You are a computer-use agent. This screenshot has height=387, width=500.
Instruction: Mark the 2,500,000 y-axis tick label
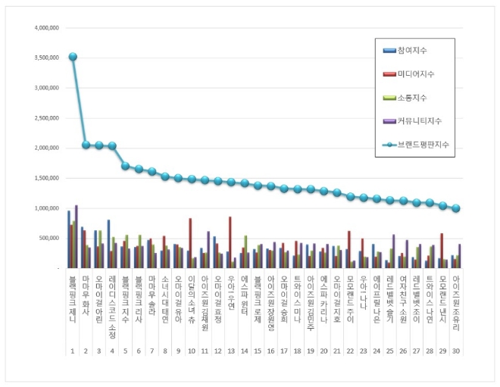click(46, 118)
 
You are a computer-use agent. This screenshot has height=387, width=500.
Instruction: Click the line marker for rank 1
click(73, 57)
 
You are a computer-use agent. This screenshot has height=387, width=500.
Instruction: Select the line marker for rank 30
click(456, 208)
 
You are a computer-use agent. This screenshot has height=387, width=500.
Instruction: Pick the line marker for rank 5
click(126, 166)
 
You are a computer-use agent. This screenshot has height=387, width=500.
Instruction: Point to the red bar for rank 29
click(442, 251)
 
